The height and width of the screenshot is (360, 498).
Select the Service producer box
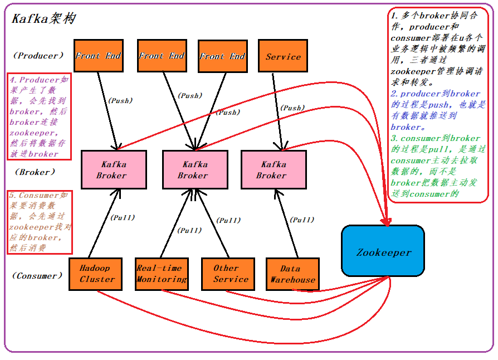(x=283, y=56)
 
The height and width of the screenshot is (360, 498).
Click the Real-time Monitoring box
(x=162, y=274)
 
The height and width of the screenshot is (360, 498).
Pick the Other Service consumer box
(x=227, y=274)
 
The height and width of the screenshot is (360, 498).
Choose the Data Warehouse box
(x=292, y=274)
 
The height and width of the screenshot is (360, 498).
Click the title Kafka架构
(x=43, y=18)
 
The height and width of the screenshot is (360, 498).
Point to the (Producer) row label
(x=38, y=56)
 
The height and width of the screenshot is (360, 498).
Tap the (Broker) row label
(x=35, y=172)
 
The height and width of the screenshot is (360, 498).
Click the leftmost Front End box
(x=98, y=56)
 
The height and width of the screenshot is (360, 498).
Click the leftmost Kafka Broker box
(x=114, y=169)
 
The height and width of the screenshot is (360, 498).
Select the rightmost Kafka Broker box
(x=273, y=169)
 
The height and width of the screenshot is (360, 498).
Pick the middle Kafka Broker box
(x=193, y=169)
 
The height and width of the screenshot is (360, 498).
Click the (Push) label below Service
(x=292, y=108)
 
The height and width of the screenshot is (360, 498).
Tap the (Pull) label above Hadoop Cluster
(x=123, y=217)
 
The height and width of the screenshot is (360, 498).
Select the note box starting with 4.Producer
(x=38, y=116)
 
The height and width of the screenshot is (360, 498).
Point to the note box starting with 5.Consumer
(x=38, y=221)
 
